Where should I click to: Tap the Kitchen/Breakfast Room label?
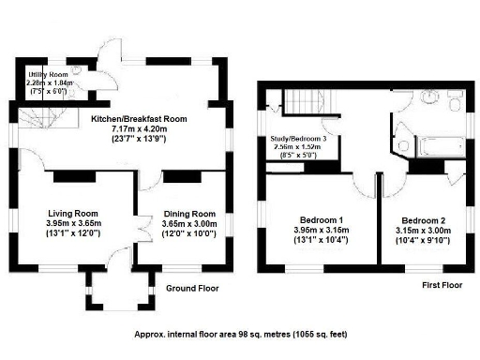pyautogui.click(x=138, y=120)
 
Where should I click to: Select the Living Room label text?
pyautogui.click(x=73, y=213)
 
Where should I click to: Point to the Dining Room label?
pyautogui.click(x=190, y=213)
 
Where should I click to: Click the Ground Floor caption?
pyautogui.click(x=192, y=289)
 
